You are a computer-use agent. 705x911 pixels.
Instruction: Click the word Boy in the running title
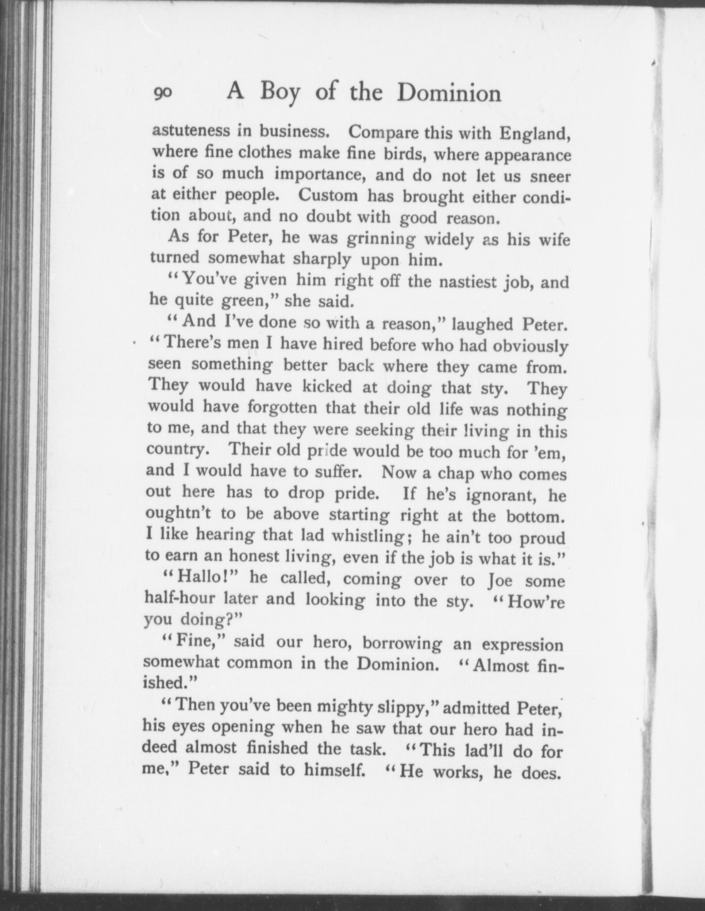click(280, 93)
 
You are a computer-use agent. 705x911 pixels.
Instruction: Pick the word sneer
click(551, 177)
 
